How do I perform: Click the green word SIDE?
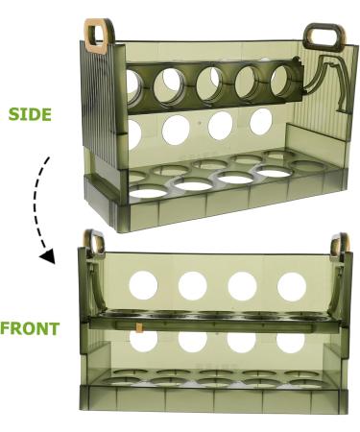click(x=29, y=113)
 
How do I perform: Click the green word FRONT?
click(x=30, y=328)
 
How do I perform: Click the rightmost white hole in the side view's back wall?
click(x=260, y=121)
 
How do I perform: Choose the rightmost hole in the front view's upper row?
click(x=292, y=285)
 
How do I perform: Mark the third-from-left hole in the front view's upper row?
click(x=242, y=284)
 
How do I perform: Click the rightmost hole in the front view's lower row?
click(x=292, y=341)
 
